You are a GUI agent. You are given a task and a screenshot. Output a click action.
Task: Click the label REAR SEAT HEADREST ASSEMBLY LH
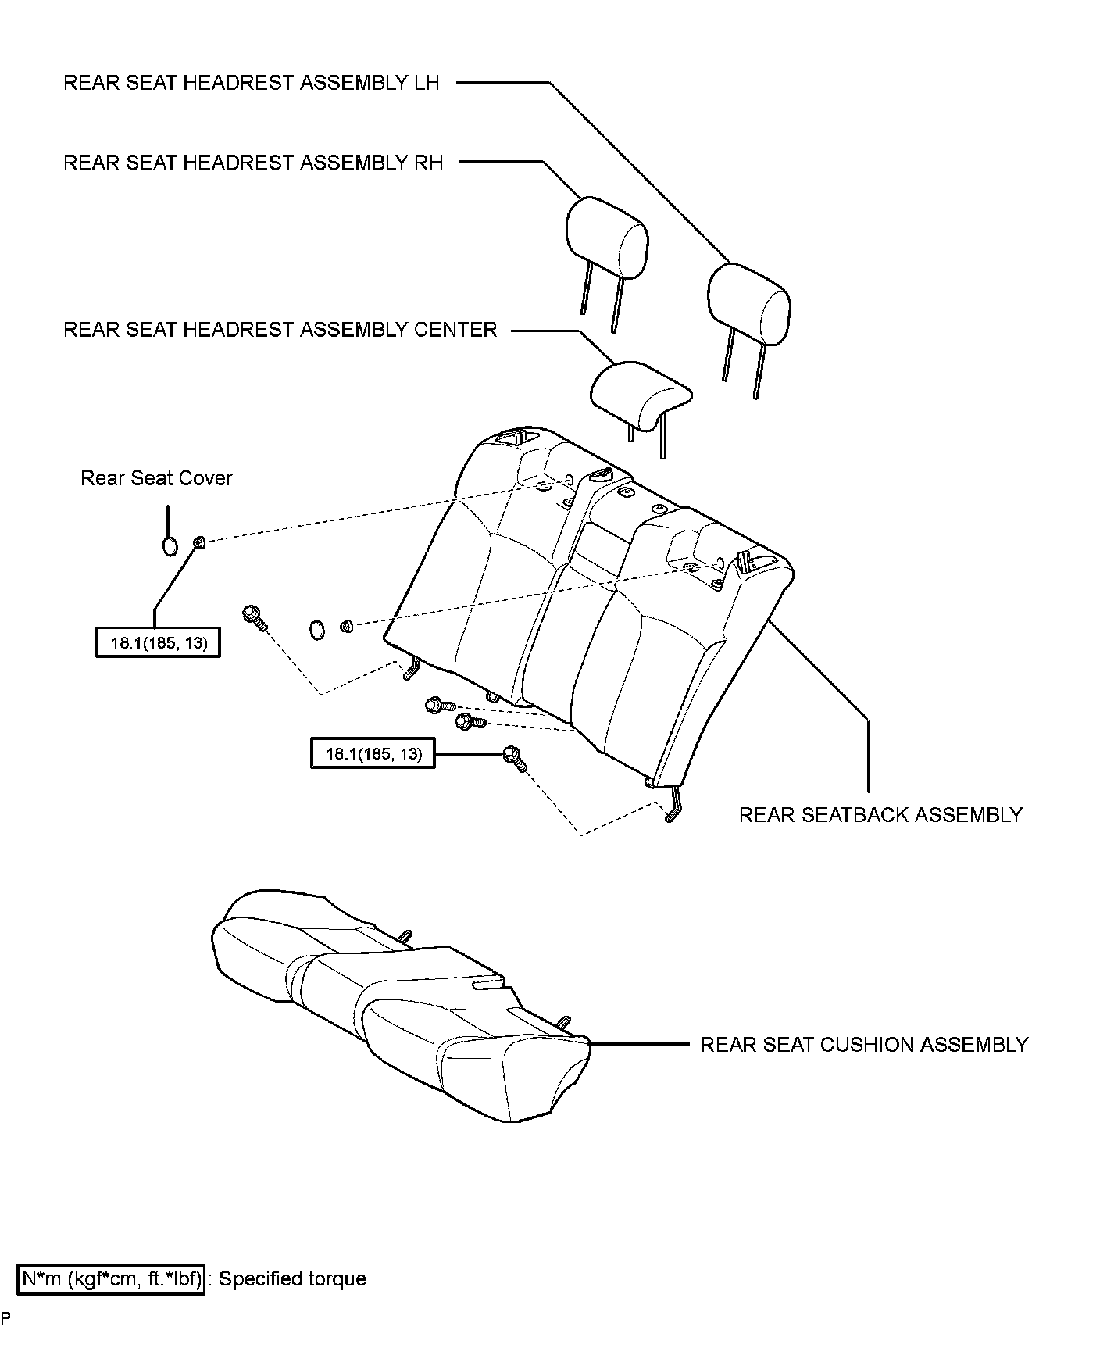[251, 83]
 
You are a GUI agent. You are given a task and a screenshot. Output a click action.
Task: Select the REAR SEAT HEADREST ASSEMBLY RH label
[252, 163]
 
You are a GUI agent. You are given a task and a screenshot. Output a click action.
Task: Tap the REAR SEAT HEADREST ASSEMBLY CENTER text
[280, 330]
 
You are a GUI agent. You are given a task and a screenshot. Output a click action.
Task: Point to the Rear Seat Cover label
[156, 478]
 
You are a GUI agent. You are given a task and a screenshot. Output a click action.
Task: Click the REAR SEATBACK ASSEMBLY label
[880, 815]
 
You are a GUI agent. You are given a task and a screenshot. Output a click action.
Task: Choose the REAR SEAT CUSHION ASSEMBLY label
[863, 1045]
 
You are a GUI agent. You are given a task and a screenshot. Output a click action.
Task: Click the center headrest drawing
[640, 395]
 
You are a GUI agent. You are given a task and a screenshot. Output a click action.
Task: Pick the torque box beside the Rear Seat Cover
[158, 643]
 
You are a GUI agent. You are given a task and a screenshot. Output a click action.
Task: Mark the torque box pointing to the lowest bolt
[373, 753]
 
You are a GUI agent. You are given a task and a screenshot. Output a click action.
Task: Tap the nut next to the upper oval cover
[199, 542]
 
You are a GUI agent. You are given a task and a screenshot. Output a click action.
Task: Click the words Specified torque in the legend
[292, 1279]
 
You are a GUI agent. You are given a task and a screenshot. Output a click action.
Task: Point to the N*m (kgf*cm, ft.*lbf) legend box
[112, 1279]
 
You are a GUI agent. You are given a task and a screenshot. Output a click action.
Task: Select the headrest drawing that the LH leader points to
[748, 302]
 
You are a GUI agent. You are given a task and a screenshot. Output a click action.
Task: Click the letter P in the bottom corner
[5, 1318]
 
